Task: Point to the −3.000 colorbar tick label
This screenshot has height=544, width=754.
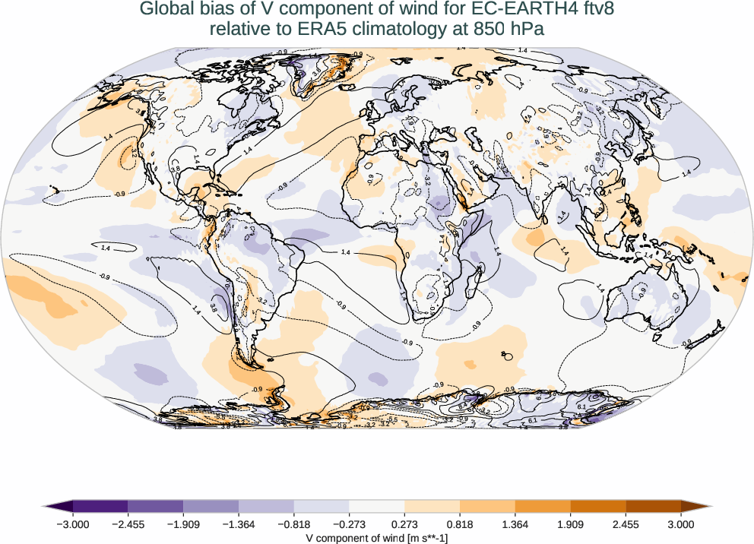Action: pyautogui.click(x=73, y=523)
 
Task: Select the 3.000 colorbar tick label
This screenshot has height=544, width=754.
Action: pyautogui.click(x=681, y=523)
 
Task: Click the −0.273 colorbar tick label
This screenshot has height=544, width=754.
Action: pyautogui.click(x=349, y=523)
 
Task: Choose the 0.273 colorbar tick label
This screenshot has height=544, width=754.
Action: pyautogui.click(x=404, y=523)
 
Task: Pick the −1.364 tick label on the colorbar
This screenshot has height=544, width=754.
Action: pyautogui.click(x=239, y=523)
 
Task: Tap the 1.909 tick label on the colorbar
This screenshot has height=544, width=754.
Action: pyautogui.click(x=570, y=523)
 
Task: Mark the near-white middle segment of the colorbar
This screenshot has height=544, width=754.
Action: pyautogui.click(x=377, y=506)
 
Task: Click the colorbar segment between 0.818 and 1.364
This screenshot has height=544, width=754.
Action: pyautogui.click(x=487, y=506)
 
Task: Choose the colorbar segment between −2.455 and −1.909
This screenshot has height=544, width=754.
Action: pyautogui.click(x=156, y=506)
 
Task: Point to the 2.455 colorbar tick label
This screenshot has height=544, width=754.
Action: pyautogui.click(x=626, y=523)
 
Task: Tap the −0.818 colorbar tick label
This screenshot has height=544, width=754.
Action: pyautogui.click(x=294, y=523)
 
